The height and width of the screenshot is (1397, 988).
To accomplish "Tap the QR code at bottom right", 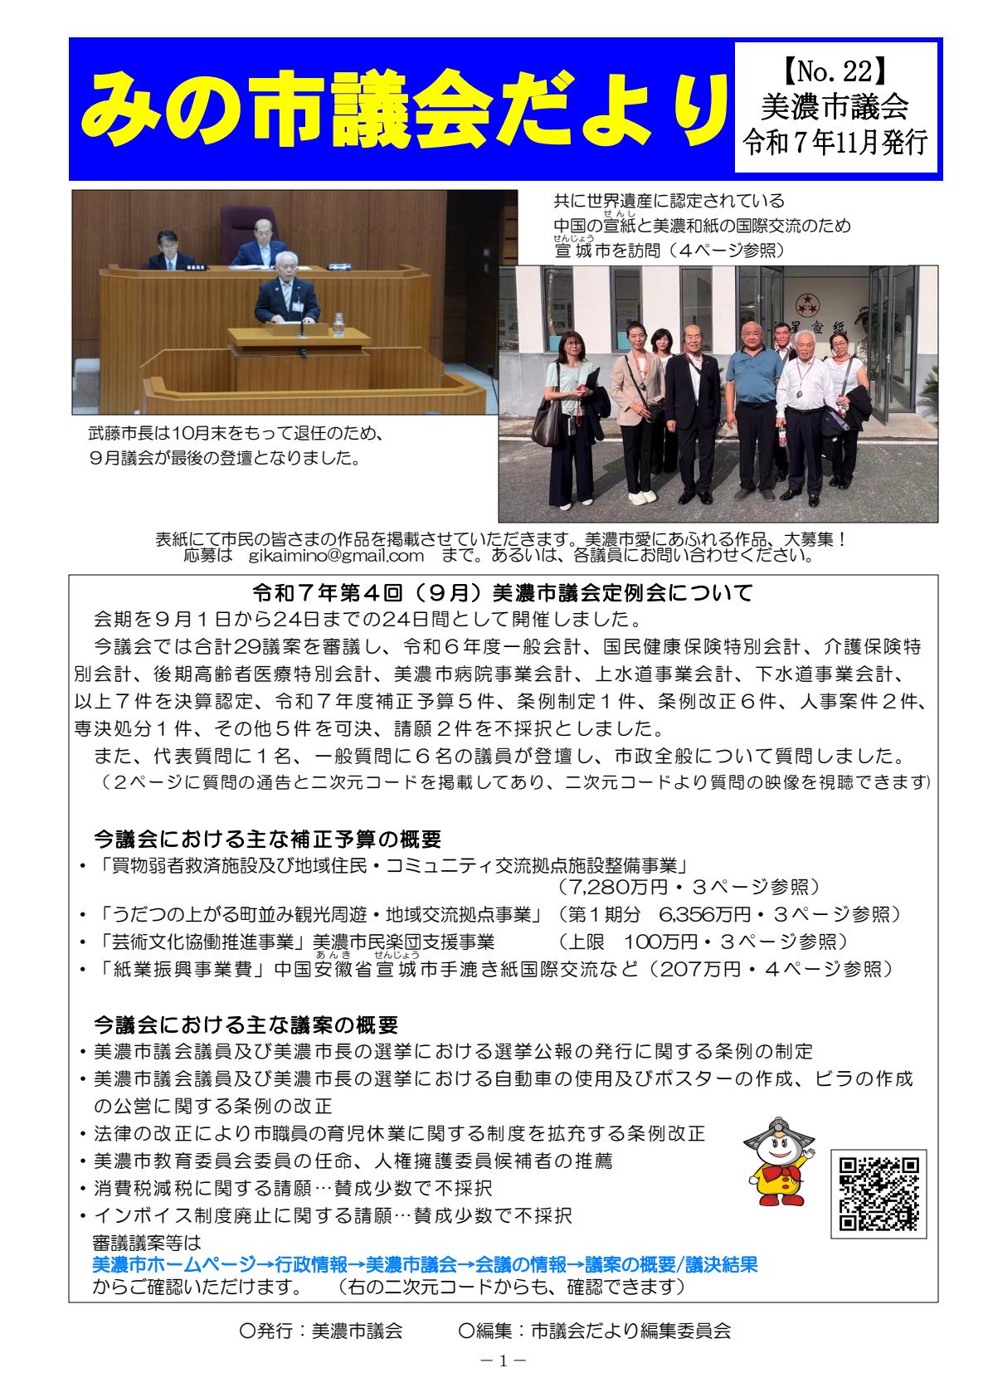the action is pos(878,1193).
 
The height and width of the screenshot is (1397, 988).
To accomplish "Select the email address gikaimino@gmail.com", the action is pos(336,555).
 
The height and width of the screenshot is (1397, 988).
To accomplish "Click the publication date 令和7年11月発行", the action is pos(835,144).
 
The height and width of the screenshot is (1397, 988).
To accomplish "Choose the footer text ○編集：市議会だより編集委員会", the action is pos(594,1332).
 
